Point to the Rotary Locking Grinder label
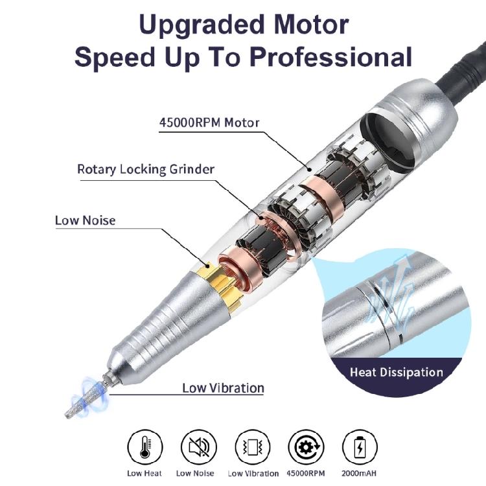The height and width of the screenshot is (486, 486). point(146,169)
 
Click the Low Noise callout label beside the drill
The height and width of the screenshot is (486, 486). point(85,220)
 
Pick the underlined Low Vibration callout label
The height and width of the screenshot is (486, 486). point(222,388)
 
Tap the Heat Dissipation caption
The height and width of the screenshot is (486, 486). point(396,372)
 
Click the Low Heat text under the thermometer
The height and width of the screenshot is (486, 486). point(145,473)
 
